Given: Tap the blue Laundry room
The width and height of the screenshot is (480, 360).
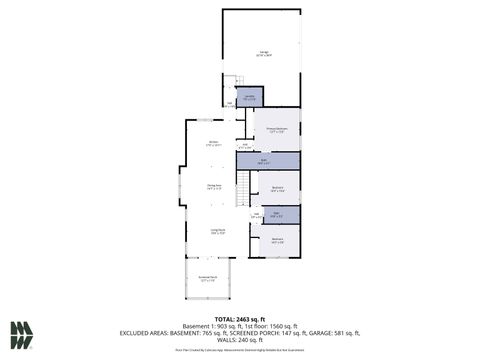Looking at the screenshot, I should (249, 97).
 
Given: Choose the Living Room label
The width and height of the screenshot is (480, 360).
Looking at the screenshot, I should (217, 231).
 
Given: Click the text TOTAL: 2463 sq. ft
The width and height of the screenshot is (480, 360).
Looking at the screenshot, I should (240, 316).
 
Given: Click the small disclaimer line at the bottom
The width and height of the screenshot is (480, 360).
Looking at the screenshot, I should (240, 351).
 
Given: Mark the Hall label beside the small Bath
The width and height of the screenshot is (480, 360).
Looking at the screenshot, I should (256, 214).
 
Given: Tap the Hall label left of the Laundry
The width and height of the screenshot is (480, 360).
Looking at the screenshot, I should (229, 103).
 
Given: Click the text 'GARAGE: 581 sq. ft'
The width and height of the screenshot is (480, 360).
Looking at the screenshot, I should (337, 331).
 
